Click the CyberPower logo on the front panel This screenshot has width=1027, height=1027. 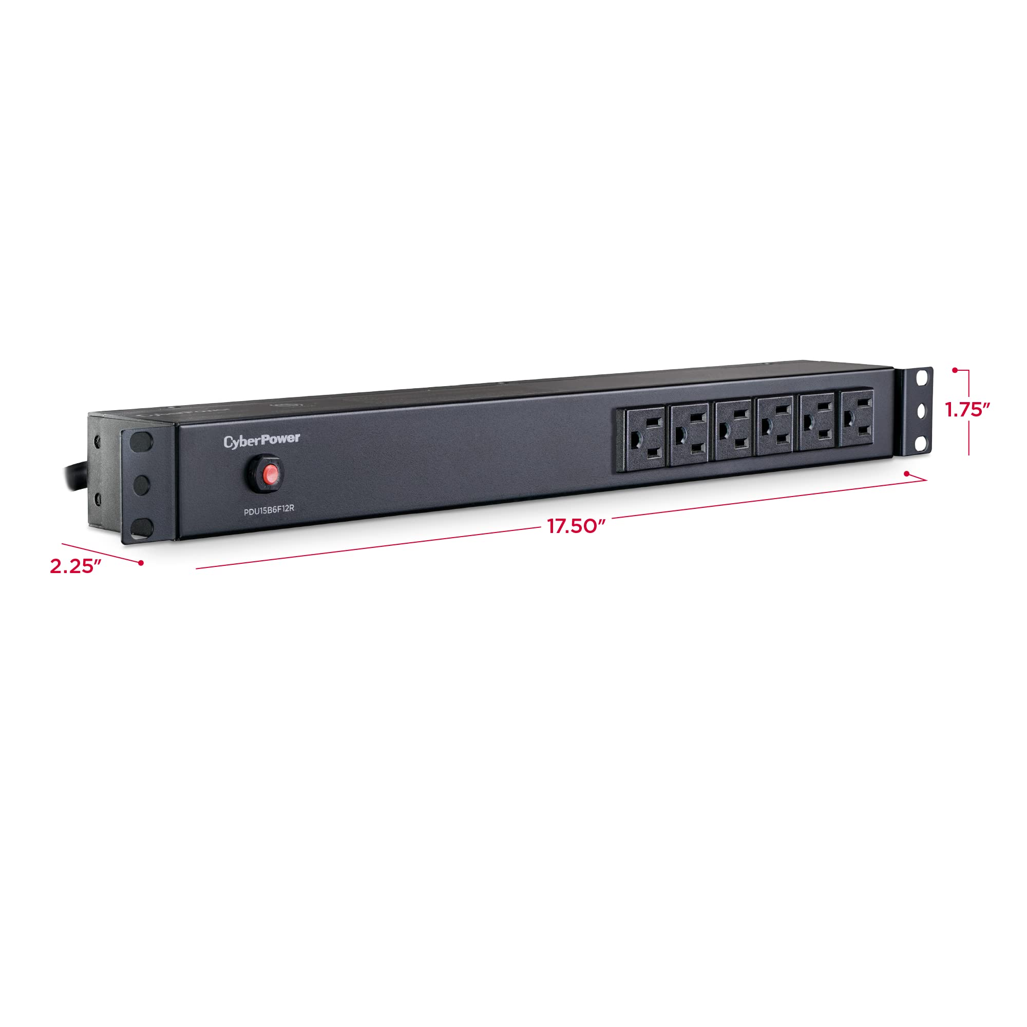261,441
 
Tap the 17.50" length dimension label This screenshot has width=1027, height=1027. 577,526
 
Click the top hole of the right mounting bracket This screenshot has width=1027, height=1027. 923,376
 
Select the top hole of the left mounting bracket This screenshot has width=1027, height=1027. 140,441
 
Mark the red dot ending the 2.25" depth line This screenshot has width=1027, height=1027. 141,562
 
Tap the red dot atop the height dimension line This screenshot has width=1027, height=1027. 955,369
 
